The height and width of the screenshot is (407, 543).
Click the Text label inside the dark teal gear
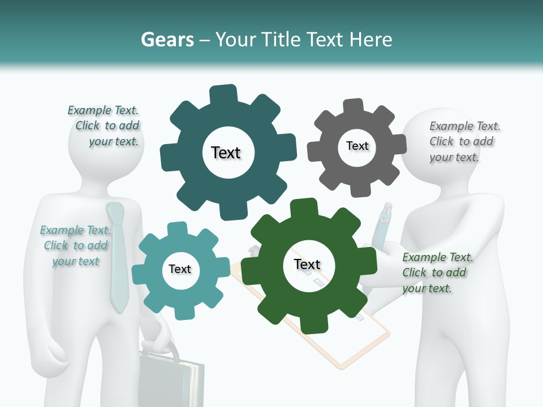(x=226, y=153)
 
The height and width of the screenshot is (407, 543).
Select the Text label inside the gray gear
(x=357, y=146)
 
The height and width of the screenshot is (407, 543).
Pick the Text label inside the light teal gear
(x=180, y=269)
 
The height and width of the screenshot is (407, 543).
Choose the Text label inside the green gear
(x=307, y=264)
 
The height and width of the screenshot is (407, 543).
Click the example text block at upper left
(x=105, y=126)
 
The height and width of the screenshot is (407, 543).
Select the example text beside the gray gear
(x=464, y=141)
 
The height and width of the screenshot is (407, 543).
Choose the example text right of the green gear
(x=437, y=272)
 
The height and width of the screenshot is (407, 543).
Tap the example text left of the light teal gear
(x=75, y=245)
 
